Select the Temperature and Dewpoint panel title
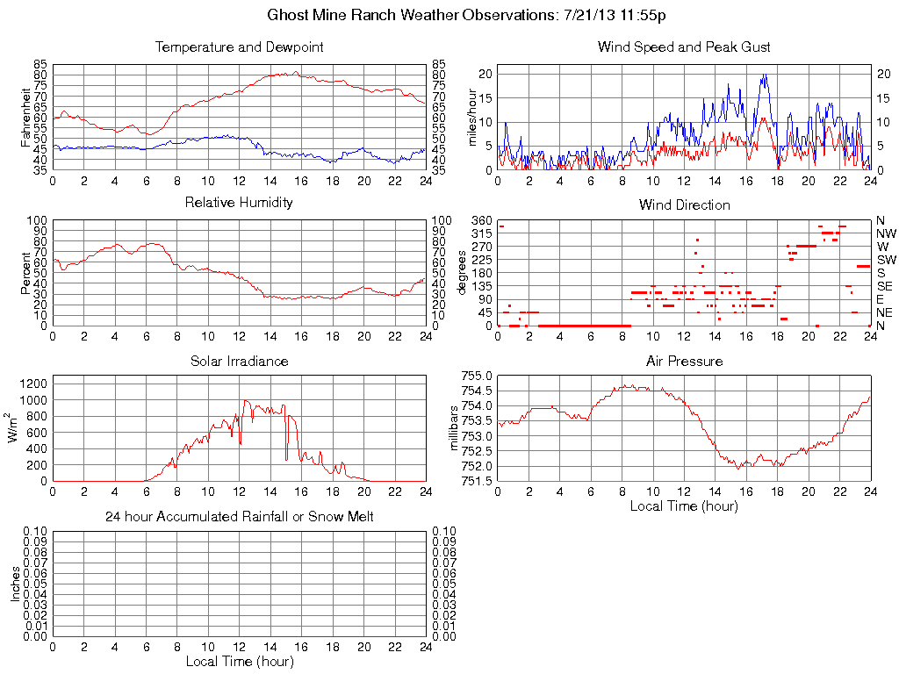[x=239, y=47]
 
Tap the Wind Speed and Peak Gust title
[x=684, y=47]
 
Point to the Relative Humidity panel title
[x=239, y=203]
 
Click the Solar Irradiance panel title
[x=239, y=361]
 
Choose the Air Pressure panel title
[x=684, y=361]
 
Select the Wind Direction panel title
[x=684, y=204]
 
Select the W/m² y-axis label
[x=14, y=427]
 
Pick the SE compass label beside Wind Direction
[x=884, y=286]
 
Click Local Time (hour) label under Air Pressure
[x=684, y=505]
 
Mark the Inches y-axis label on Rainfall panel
[x=16, y=584]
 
